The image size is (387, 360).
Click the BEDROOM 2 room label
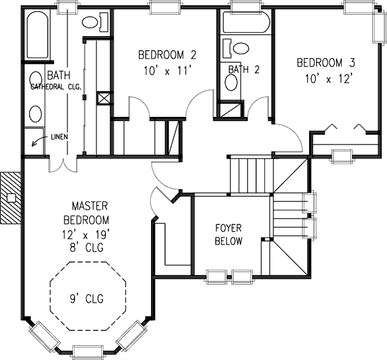coord(167,55)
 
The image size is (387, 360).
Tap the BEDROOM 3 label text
coord(326,63)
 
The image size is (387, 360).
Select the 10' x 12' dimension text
coord(328,79)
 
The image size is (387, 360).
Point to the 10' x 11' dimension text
coord(168,71)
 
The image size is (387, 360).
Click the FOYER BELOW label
coord(228,235)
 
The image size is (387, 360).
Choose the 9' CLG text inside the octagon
coord(86,299)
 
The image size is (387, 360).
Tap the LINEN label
coord(59,137)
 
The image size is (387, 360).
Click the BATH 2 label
coord(244,70)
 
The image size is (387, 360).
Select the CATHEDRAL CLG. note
coord(56,87)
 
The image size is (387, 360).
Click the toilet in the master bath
coord(95,23)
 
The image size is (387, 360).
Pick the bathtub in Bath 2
coord(246,22)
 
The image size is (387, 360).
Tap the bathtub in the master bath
coord(37,35)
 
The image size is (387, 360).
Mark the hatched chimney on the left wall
coord(11,198)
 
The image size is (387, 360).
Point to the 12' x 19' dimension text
coord(86,235)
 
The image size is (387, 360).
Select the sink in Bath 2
coord(232,82)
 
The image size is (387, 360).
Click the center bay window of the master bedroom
coord(88,352)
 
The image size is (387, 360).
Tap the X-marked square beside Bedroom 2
coord(104,98)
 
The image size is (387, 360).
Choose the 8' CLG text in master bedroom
coord(86,247)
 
